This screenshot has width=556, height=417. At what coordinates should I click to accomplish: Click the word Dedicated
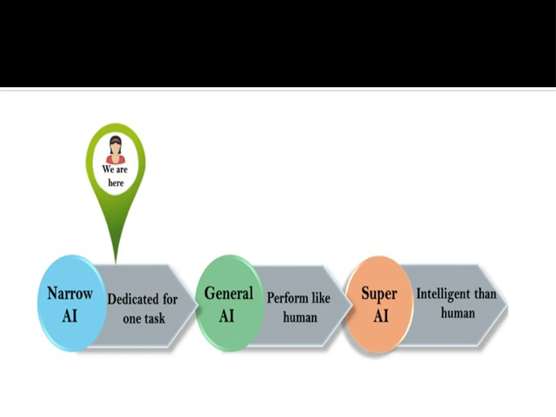(x=133, y=299)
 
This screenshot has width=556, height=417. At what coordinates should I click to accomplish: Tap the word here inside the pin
(x=116, y=183)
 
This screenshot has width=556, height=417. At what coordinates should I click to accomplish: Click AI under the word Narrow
(x=69, y=316)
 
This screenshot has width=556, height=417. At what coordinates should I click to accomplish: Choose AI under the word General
(x=226, y=316)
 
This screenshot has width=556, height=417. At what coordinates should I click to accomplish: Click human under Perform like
(x=300, y=317)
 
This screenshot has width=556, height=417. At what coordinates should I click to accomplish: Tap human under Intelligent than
(x=458, y=313)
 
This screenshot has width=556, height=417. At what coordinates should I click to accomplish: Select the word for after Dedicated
(x=170, y=299)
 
